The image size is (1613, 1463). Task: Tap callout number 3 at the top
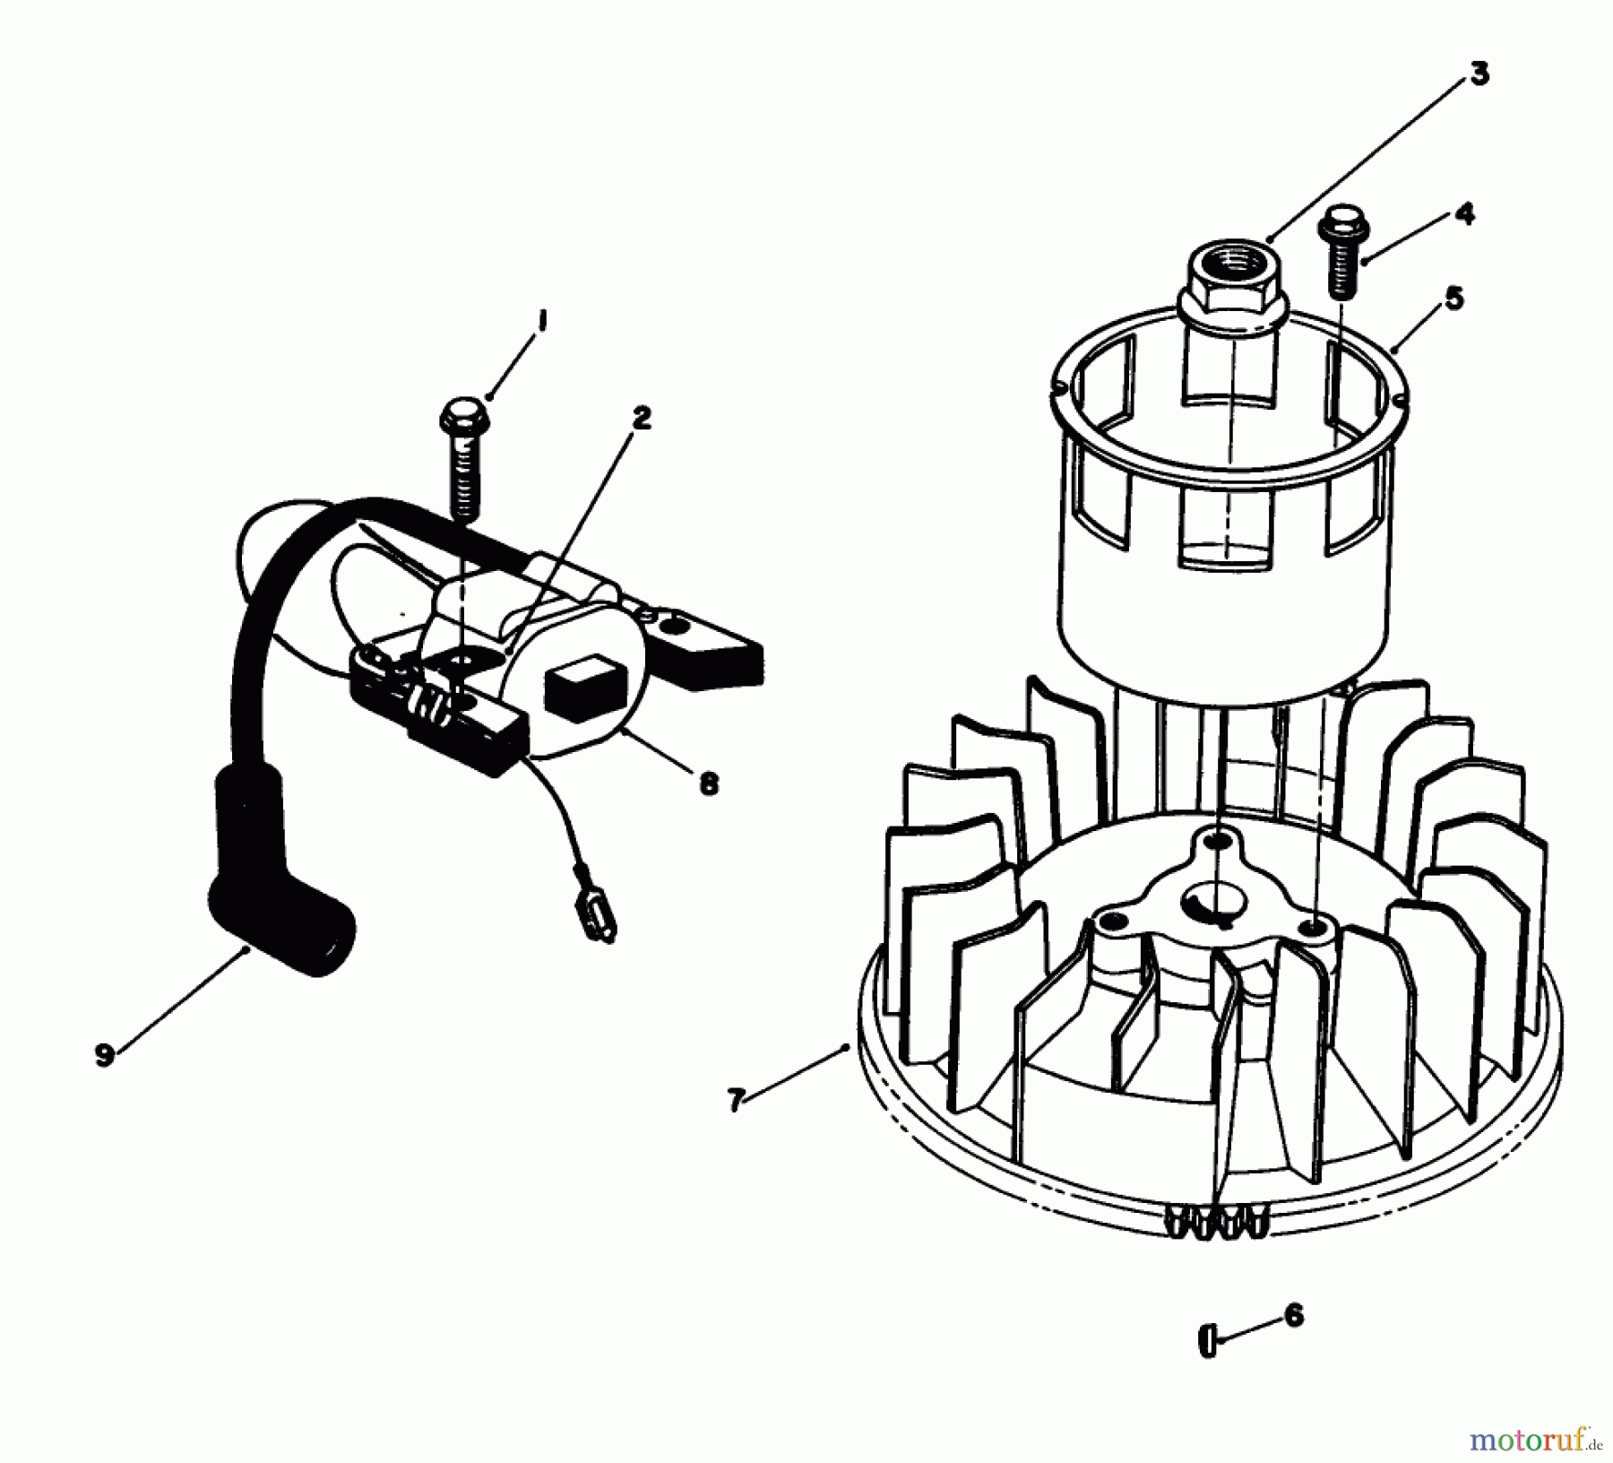[x=1479, y=74]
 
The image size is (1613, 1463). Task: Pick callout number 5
[x=1454, y=298]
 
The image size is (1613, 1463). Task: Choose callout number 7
[x=736, y=1100]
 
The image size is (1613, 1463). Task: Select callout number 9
[x=105, y=1055]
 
